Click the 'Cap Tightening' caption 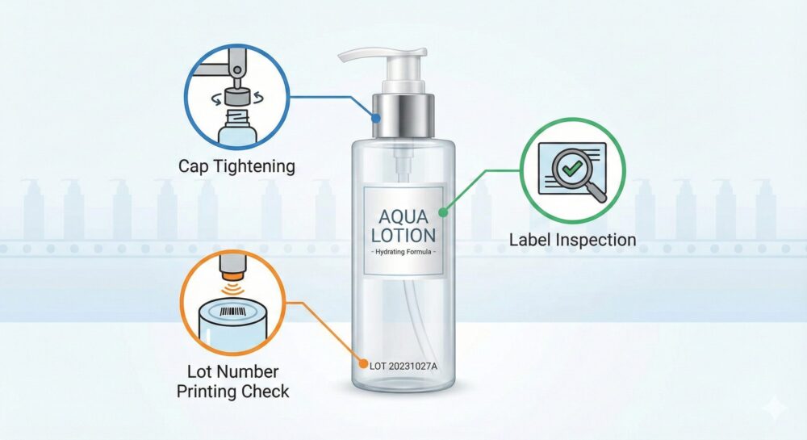coord(236,166)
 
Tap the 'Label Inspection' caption coord(572,240)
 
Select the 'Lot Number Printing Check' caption coord(232,381)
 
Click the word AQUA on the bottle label coord(403,216)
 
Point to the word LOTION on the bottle coord(403,235)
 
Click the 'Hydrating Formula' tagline coord(403,252)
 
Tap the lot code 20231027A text coord(412,367)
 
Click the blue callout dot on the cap coord(376,119)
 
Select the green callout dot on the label coord(443,212)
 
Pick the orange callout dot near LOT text coord(363,366)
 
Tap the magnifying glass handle coord(597,192)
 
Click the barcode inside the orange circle coord(232,312)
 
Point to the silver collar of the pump coord(403,115)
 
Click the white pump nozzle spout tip coord(342,56)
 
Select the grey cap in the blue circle coord(236,96)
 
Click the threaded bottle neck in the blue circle coord(236,115)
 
